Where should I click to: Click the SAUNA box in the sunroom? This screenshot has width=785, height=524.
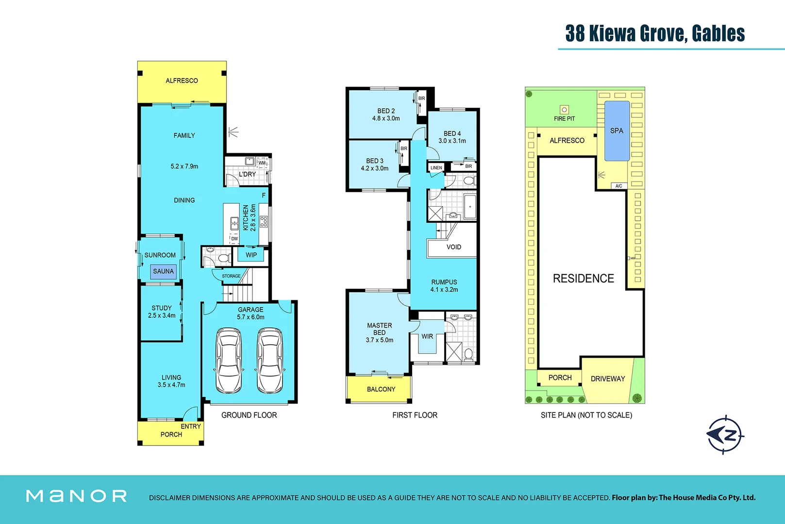163,271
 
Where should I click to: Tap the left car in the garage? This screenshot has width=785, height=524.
228,360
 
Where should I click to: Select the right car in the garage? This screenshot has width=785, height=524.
270,360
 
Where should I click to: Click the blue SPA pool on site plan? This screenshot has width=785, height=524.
617,131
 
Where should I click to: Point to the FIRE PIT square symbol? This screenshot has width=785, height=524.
564,110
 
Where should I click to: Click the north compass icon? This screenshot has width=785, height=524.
725,434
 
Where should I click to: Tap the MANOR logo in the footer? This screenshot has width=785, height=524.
77,496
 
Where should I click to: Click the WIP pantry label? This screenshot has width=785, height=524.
251,255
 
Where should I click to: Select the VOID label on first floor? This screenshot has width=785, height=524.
454,247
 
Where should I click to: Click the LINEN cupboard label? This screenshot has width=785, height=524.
436,168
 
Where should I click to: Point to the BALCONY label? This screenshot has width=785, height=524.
381,389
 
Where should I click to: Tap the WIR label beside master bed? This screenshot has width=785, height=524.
427,336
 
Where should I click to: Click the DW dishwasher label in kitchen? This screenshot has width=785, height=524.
234,239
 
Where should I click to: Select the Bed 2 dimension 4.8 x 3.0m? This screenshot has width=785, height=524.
386,118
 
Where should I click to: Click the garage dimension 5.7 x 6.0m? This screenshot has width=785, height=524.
251,317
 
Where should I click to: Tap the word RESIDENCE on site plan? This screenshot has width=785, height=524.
584,278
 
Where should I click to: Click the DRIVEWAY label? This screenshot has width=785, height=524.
608,379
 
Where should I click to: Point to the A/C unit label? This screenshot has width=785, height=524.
618,186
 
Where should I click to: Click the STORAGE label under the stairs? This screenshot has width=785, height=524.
231,276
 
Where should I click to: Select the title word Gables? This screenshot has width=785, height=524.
718,33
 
